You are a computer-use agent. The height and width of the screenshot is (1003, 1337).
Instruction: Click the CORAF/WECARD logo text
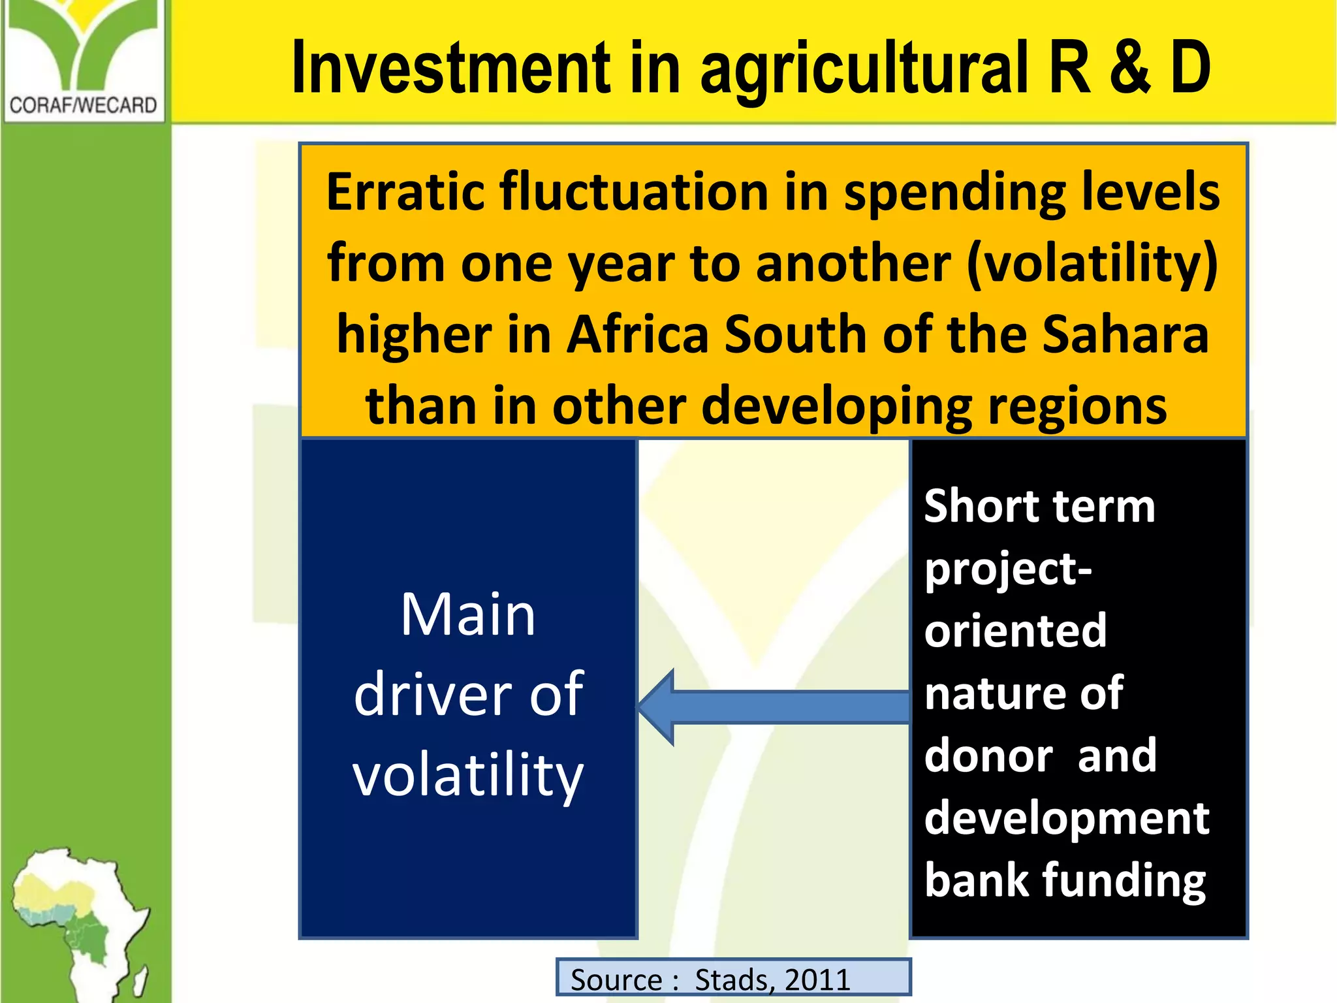tap(84, 104)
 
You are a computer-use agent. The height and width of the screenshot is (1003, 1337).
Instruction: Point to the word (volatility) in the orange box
tap(1092, 264)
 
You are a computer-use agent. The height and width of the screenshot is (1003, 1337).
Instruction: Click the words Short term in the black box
tap(1039, 506)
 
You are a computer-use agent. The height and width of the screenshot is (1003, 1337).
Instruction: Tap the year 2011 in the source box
tap(817, 979)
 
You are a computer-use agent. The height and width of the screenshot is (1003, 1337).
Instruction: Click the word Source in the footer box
tap(616, 979)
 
